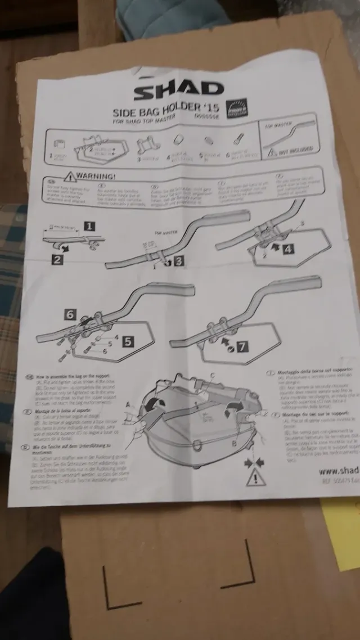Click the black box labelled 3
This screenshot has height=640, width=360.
point(178,261)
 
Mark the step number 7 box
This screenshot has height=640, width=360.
point(241,346)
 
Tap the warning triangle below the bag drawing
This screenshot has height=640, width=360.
point(254,479)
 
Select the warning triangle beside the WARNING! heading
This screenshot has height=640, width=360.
point(70,177)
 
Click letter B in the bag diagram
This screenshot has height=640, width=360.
point(233,443)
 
